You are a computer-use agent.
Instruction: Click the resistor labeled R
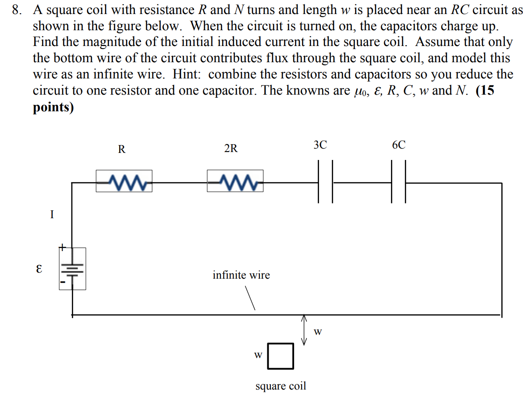tap(124, 181)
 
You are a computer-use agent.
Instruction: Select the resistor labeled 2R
tap(235, 181)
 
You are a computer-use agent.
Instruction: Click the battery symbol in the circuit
tap(73, 268)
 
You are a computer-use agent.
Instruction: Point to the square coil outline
tap(280, 355)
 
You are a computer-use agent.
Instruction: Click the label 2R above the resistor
tap(231, 149)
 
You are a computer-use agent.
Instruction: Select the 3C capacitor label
tap(320, 145)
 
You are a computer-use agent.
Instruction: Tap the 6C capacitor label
tap(399, 145)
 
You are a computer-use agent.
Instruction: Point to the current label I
tap(52, 215)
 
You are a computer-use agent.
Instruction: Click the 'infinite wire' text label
tap(241, 275)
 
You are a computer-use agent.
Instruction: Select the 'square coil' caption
tap(280, 386)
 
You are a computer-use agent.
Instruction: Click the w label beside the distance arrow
tap(318, 332)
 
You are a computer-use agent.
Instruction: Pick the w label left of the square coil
tap(258, 354)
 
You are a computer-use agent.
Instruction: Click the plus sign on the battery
tap(62, 248)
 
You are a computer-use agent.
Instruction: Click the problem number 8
tap(16, 10)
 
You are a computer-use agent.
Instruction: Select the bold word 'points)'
tap(53, 107)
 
